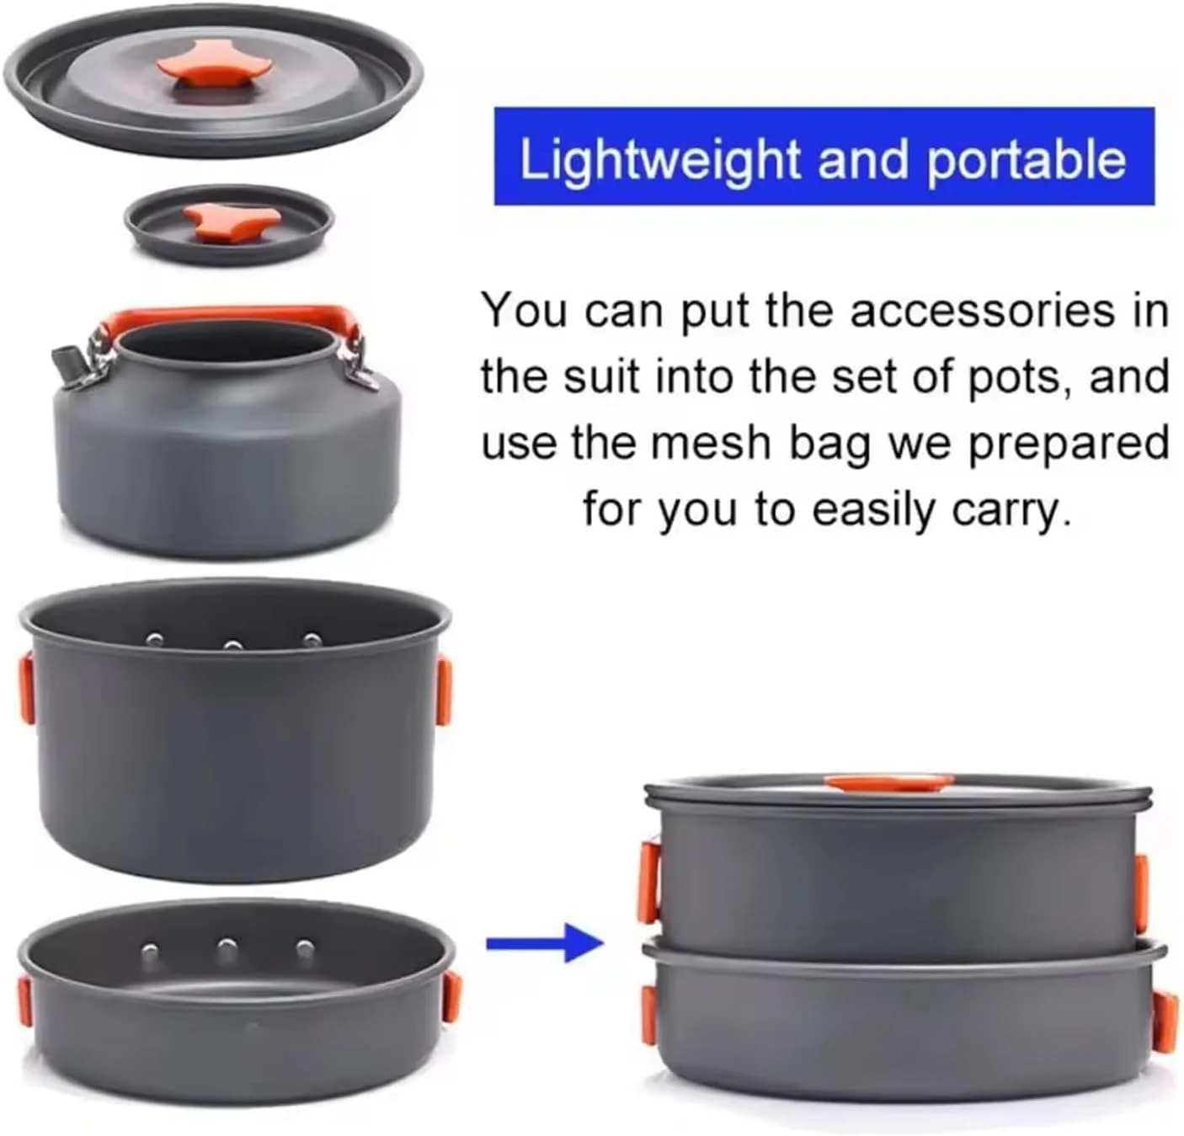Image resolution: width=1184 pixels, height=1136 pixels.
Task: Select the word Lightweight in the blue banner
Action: click(659, 160)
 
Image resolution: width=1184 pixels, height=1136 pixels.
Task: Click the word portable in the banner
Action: click(1027, 160)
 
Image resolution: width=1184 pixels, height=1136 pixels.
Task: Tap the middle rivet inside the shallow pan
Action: click(227, 947)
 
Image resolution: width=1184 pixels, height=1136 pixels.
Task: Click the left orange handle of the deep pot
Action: click(27, 686)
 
